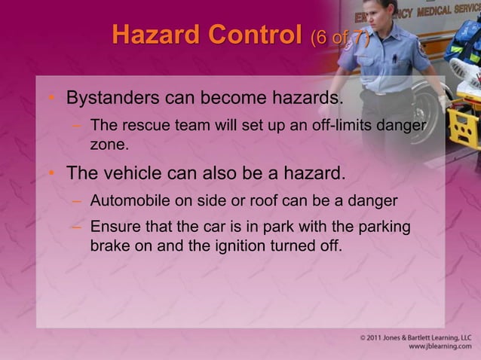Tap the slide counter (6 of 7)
tap(339, 37)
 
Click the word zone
tap(109, 141)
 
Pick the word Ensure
tap(114, 227)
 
